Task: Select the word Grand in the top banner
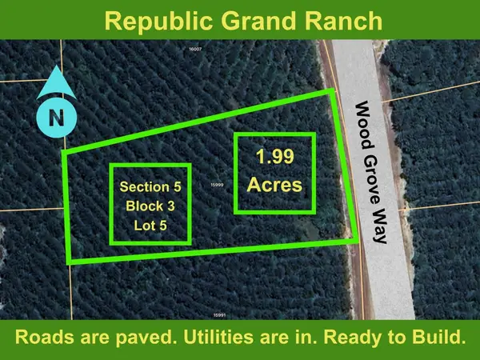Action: [250, 19]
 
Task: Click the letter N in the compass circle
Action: [56, 118]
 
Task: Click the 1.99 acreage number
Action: [274, 156]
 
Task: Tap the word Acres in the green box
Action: [274, 185]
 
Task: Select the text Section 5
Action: [150, 187]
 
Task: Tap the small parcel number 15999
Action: [215, 184]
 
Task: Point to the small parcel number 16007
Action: [193, 50]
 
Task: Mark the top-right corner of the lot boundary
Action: [332, 93]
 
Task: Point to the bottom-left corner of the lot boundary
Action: [71, 261]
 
